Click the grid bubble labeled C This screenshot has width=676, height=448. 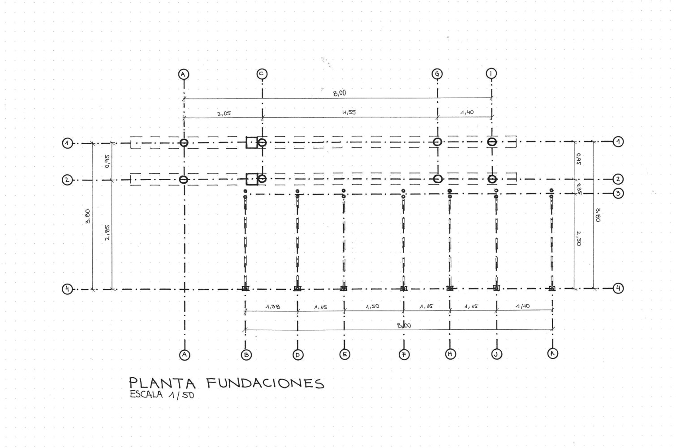click(x=262, y=74)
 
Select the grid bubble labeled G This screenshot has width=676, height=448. click(x=437, y=74)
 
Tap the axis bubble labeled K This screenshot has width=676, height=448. click(x=553, y=353)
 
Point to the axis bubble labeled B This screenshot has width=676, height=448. click(x=246, y=355)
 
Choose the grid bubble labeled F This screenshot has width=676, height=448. click(x=404, y=355)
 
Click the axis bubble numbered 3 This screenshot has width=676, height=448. click(x=618, y=194)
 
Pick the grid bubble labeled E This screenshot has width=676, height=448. click(x=344, y=355)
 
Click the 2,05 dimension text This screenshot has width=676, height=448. click(x=224, y=113)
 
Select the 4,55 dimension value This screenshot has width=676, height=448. click(x=349, y=112)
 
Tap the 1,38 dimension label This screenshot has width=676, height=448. click(x=272, y=307)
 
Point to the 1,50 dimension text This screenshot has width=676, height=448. click(x=372, y=306)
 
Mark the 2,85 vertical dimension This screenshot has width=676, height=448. click(x=108, y=233)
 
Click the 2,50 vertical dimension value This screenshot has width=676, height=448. click(x=579, y=238)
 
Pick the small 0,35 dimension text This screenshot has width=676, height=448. click(x=579, y=188)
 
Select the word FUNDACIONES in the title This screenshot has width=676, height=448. click(x=265, y=383)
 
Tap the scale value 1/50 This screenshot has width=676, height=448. click(x=181, y=395)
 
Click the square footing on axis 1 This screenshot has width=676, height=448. click(x=252, y=142)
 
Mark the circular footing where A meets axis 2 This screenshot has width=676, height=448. click(x=183, y=180)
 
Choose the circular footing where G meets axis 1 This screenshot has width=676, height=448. click(x=437, y=142)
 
